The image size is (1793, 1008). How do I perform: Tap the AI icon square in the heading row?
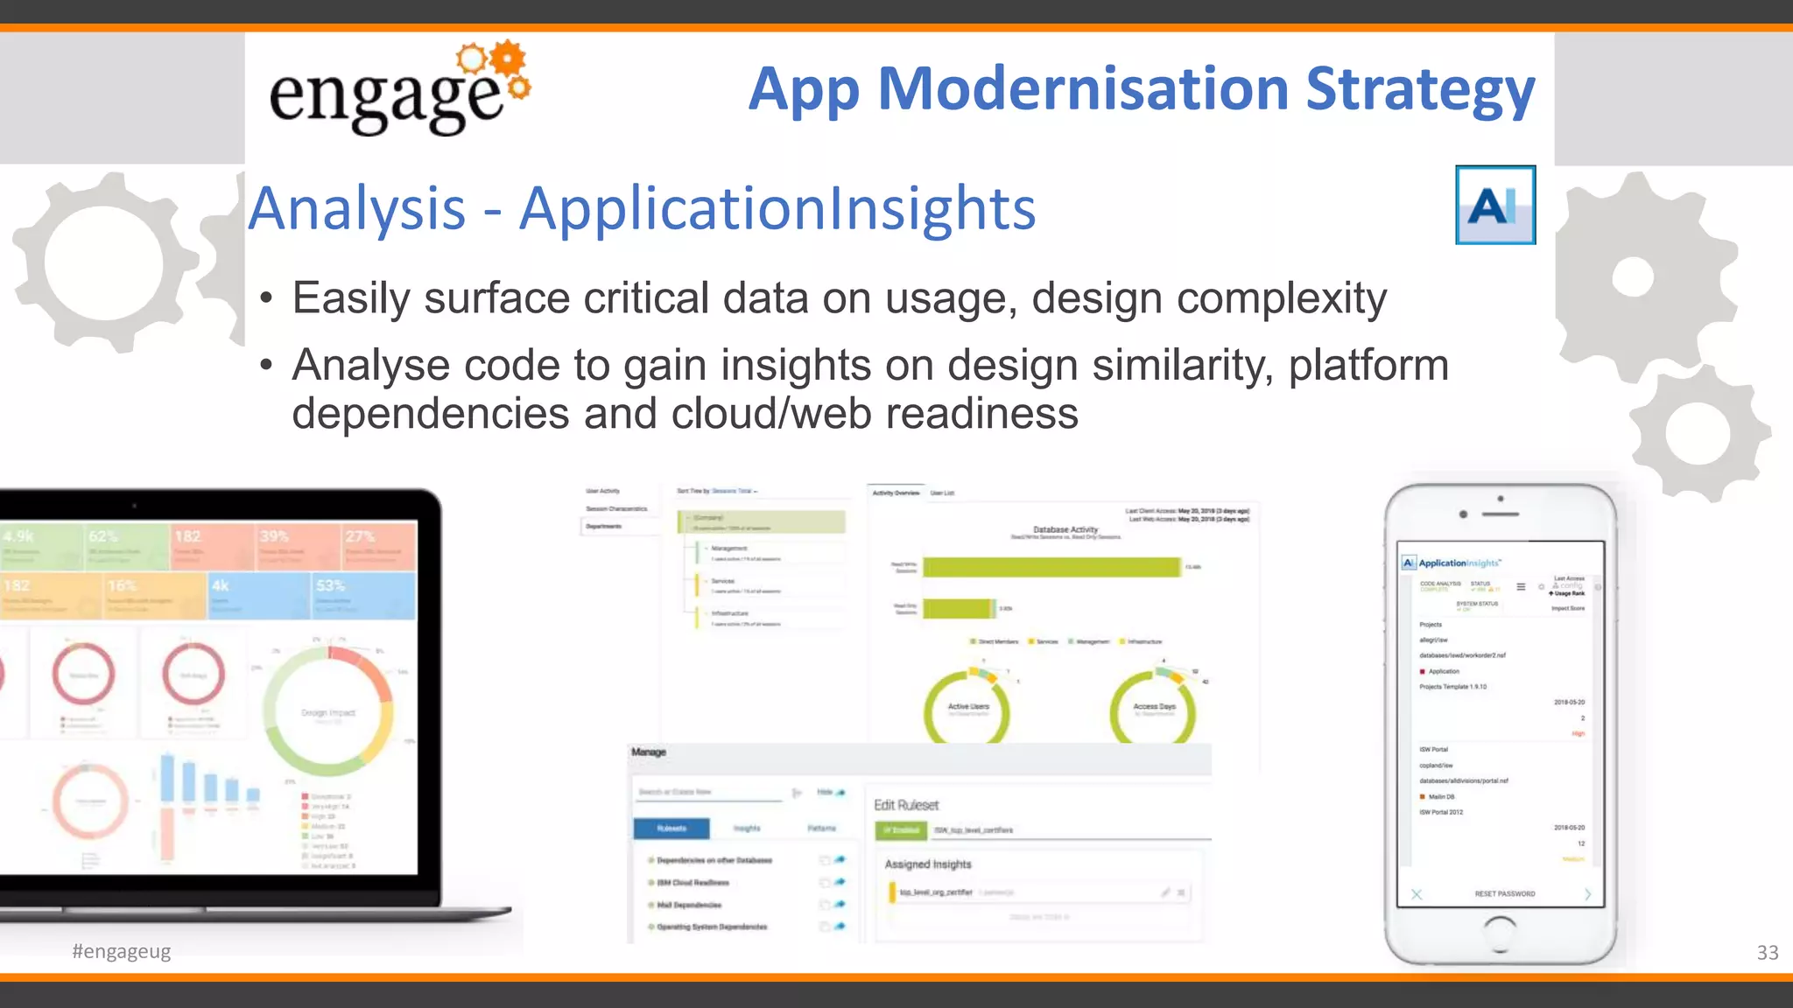[x=1494, y=205]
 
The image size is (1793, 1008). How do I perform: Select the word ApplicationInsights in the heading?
[x=777, y=209]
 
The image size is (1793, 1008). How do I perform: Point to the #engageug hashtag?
[x=122, y=951]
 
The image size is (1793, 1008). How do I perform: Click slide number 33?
[x=1767, y=953]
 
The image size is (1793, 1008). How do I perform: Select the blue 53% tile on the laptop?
[x=362, y=595]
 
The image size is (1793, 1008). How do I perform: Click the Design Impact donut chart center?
[x=328, y=713]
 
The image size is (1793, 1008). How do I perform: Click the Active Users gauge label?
[x=967, y=706]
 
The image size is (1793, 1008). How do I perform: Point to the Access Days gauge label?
[x=1154, y=706]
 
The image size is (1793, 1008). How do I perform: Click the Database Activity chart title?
[x=1065, y=529]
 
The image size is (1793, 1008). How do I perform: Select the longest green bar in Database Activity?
[x=1051, y=567]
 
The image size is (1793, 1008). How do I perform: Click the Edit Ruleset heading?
[x=906, y=805]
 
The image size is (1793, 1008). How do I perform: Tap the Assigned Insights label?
[x=927, y=864]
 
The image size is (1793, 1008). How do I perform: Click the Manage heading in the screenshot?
[x=649, y=752]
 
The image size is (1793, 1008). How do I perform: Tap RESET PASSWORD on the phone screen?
[x=1504, y=894]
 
